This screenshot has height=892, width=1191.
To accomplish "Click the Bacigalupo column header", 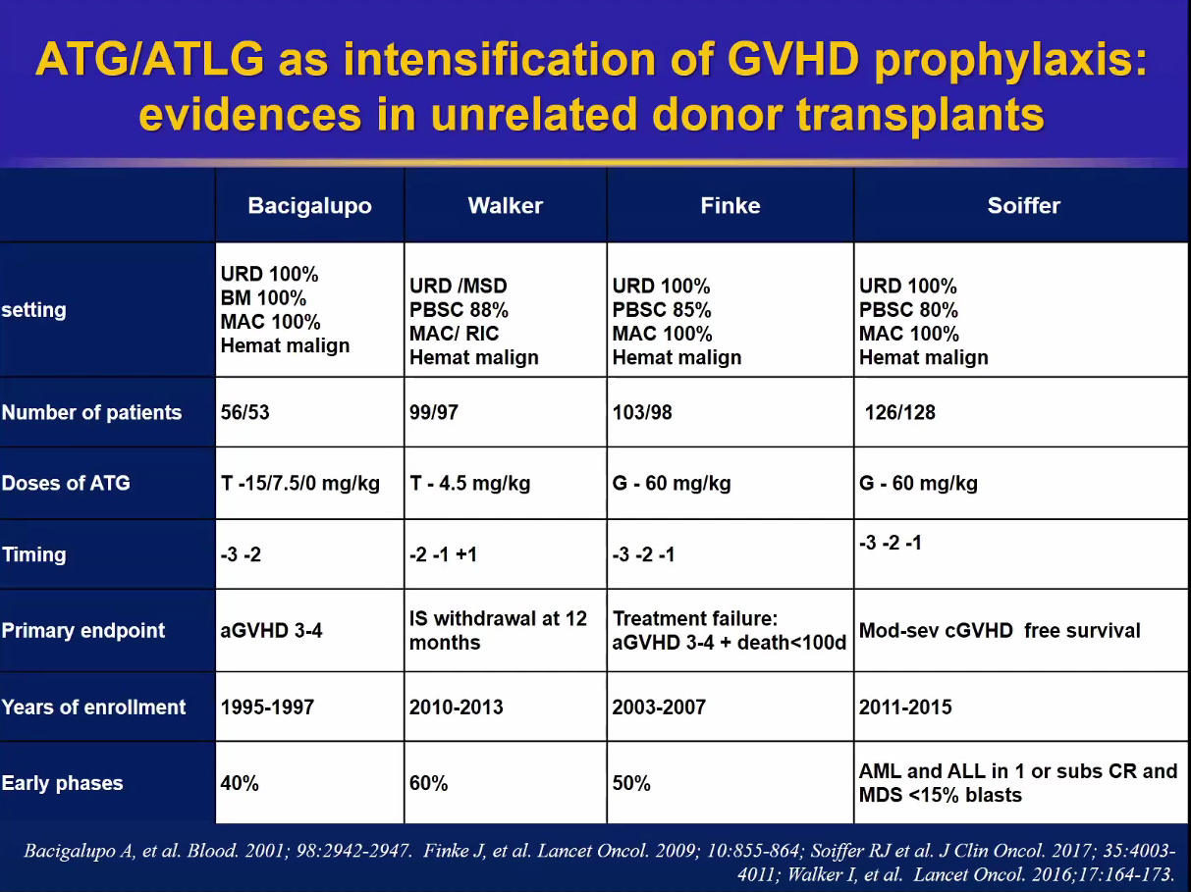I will (x=309, y=206).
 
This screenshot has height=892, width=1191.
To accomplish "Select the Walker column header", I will (x=505, y=206).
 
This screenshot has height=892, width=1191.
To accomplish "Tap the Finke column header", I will (x=730, y=206).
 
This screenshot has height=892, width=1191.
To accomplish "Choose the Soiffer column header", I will (x=1023, y=206).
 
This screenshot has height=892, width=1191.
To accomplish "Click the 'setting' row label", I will (x=33, y=310).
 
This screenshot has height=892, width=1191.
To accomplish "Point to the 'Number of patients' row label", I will (x=91, y=412).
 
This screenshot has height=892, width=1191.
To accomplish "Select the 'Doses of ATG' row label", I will (x=66, y=483).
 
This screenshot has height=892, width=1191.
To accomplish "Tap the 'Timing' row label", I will (x=33, y=554).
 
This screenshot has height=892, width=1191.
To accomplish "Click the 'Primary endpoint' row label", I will (x=83, y=631).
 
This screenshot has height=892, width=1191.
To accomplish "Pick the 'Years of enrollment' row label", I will (x=93, y=708).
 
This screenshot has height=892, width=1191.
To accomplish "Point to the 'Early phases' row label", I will (x=62, y=783).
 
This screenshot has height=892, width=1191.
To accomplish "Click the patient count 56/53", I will (x=244, y=412).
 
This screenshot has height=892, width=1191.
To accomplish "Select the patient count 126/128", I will (x=899, y=412).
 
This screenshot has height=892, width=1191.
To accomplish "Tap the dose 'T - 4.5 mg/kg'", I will (x=469, y=483).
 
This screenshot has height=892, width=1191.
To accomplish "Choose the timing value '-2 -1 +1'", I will (x=444, y=554).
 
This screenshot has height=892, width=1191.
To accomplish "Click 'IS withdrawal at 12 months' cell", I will (x=498, y=631).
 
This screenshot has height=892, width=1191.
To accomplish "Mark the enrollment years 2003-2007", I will (x=659, y=708).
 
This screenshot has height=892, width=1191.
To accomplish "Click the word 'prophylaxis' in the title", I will (x=1010, y=61).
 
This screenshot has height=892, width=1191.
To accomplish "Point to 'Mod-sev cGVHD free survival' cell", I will (x=1000, y=631).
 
